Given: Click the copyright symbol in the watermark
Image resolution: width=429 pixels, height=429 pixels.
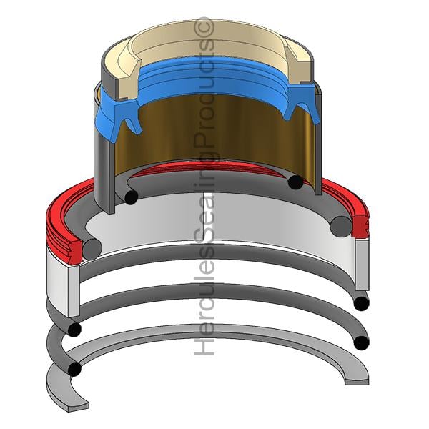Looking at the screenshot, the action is pos(204,26).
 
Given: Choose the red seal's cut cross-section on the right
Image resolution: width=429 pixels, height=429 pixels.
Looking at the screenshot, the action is pos(360,225).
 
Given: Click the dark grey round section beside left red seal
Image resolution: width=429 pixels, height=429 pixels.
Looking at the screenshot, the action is pos(92,250).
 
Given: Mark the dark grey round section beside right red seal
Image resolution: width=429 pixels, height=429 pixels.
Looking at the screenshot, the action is pos(341,227).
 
